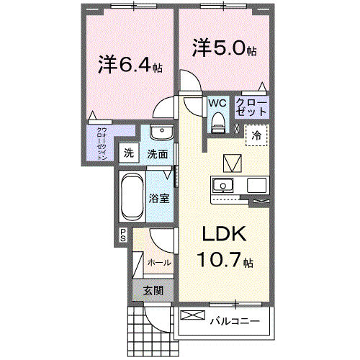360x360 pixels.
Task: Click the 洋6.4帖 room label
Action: click(x=130, y=64)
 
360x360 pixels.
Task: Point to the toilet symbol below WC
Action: click(x=217, y=124)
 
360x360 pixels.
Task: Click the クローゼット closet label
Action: click(x=252, y=109)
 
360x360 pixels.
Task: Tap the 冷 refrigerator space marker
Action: click(x=256, y=135)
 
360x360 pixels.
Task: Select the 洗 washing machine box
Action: click(x=128, y=153)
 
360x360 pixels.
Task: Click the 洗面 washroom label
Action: click(x=158, y=153)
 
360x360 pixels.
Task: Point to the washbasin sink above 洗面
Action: click(x=161, y=135)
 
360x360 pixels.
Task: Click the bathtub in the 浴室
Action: click(x=131, y=196)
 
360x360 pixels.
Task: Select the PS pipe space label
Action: click(x=123, y=233)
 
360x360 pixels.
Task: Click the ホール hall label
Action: click(x=159, y=262)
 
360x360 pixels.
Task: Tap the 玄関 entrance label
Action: click(x=152, y=291)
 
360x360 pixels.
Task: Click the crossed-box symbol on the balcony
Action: click(x=192, y=316)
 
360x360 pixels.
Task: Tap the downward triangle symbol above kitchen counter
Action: click(x=233, y=163)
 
